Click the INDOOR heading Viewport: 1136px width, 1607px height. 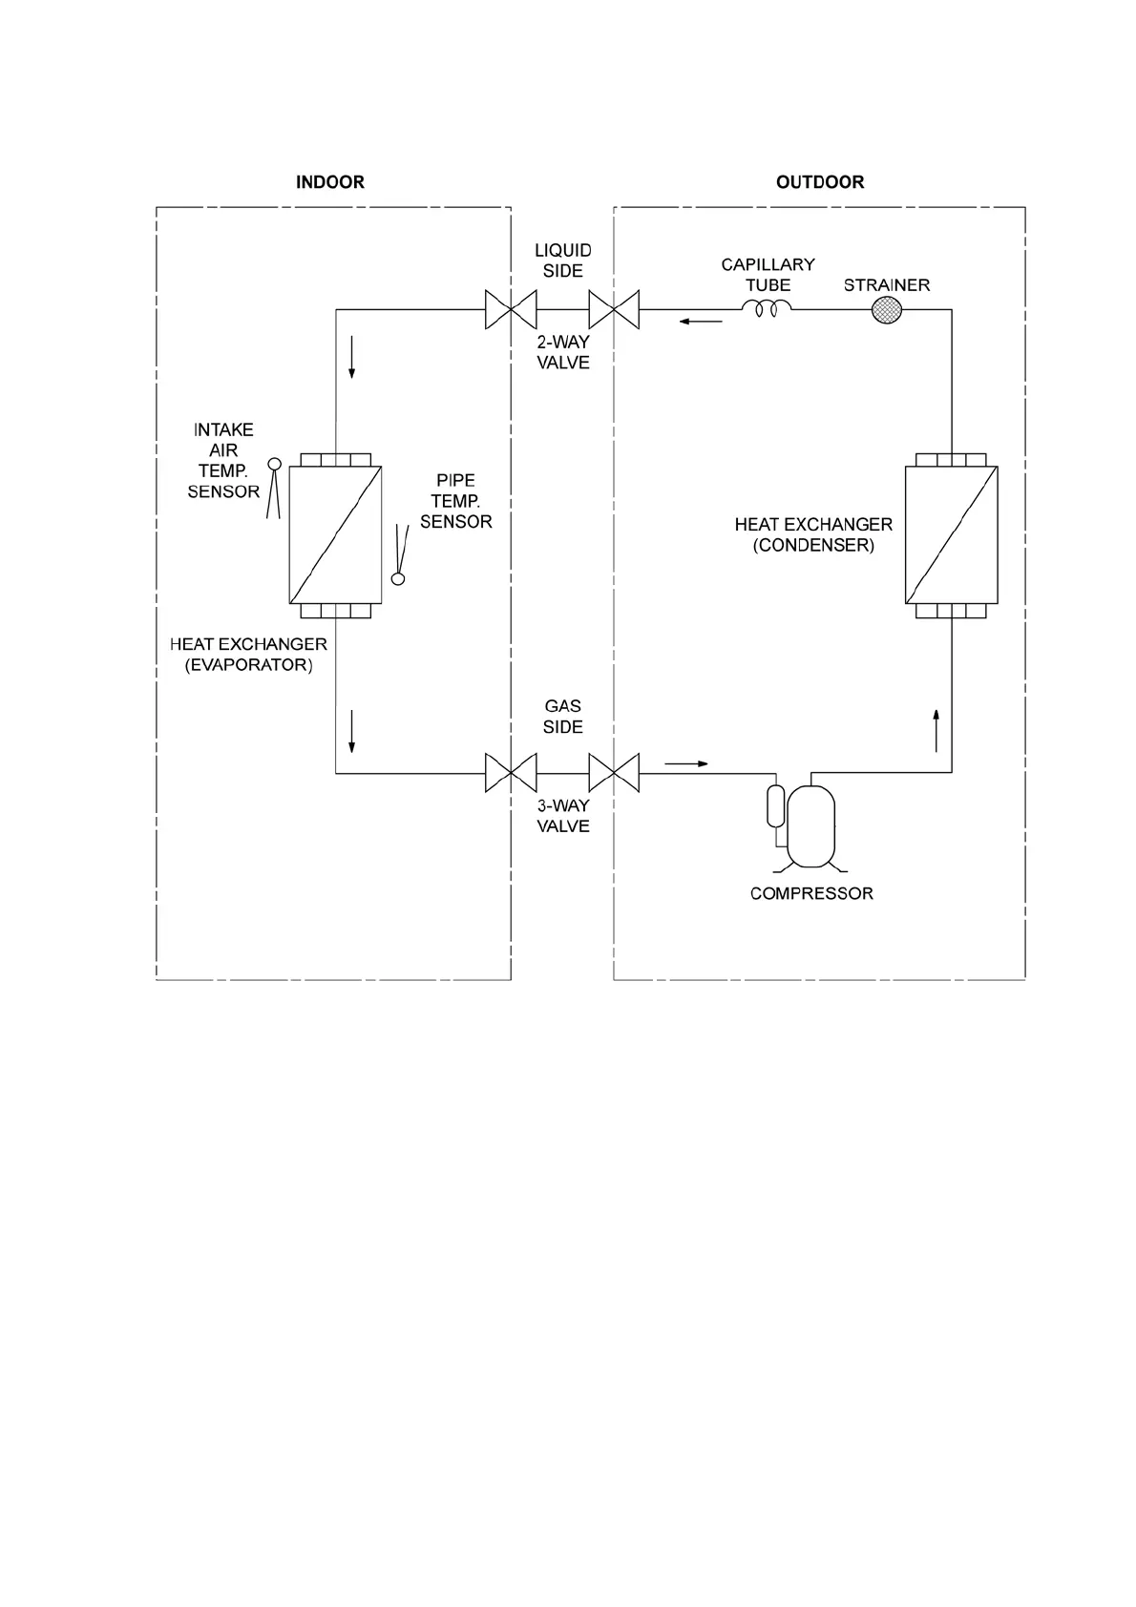point(329,182)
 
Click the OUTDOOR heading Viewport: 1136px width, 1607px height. point(819,182)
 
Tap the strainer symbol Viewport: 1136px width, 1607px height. point(888,310)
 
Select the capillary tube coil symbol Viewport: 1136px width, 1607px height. point(768,308)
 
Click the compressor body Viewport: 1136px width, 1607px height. point(810,824)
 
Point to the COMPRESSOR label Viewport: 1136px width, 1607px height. point(811,894)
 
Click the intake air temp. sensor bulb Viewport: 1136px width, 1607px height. point(274,465)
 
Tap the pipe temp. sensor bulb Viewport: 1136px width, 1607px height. point(398,577)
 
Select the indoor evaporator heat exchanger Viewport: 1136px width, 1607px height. point(335,534)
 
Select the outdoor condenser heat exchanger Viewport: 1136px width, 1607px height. point(951,534)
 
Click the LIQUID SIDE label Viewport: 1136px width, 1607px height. point(562,261)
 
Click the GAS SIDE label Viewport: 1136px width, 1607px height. point(562,717)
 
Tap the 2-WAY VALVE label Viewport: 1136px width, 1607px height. point(562,352)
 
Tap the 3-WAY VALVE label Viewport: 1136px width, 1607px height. point(562,816)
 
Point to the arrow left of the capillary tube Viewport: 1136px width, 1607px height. point(701,322)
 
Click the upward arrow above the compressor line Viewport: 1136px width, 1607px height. point(936,730)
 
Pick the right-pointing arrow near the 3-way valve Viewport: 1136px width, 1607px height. point(687,763)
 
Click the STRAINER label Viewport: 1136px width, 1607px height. point(886,284)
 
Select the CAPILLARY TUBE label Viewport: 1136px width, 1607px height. point(768,275)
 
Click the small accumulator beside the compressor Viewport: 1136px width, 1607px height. point(775,805)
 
